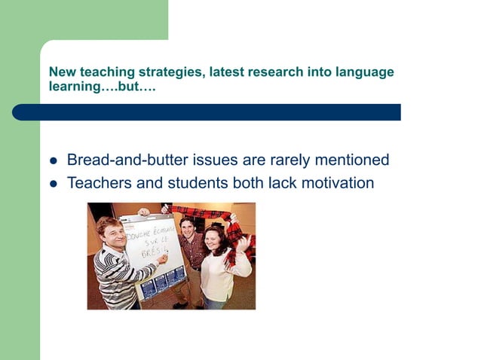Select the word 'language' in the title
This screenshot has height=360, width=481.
(364, 72)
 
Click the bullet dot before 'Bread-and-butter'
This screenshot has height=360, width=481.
(53, 161)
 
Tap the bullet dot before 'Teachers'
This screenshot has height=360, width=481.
(53, 183)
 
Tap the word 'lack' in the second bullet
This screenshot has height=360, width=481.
(277, 182)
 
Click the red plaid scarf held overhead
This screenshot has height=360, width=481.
(199, 211)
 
